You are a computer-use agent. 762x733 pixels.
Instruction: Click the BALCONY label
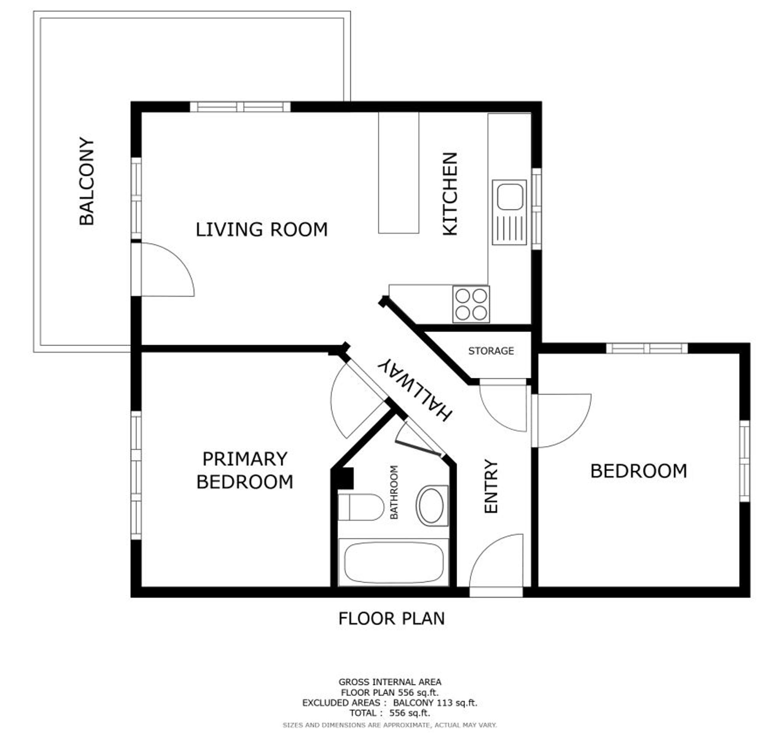point(87,181)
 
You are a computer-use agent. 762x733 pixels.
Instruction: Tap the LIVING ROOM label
point(262,229)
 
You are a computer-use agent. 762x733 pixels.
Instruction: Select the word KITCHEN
point(450,194)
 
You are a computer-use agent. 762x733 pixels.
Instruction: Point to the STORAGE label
point(491,351)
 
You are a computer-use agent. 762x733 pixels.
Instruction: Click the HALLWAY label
point(415,389)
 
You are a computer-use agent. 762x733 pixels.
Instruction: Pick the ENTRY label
point(491,486)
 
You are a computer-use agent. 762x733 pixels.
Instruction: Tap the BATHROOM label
point(394,492)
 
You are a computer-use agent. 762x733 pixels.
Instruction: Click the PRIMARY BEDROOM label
point(245,470)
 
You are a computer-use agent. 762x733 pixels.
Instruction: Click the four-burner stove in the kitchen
point(471,304)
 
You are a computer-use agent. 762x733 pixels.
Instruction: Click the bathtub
point(394,562)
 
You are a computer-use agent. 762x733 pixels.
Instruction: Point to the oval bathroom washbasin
point(432,506)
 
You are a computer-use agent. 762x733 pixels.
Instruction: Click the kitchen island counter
point(399,173)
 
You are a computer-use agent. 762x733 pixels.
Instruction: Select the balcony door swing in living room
point(167,269)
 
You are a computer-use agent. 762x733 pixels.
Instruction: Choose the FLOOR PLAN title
point(392,619)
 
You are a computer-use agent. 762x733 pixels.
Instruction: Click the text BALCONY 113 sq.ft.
point(435,703)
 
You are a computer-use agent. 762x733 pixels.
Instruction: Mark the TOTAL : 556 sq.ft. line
point(389,713)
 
